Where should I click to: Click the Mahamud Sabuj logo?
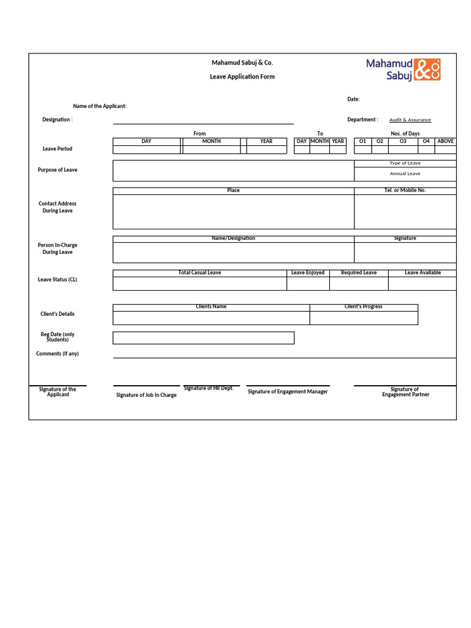403,69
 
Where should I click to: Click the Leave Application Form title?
242,77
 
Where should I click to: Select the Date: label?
353,99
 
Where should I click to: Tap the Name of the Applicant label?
100,106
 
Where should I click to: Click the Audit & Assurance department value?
410,120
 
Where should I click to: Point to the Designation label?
57,120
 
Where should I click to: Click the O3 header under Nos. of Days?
403,142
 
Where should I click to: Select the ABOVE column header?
445,142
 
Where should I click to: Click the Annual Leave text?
405,174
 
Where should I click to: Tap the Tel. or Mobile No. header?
405,191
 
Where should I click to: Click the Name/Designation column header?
233,239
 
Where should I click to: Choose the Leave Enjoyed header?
308,273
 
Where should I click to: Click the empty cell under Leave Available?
422,283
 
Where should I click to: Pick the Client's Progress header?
363,307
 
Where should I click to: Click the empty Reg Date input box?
203,338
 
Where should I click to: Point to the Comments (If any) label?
57,354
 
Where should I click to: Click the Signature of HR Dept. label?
209,389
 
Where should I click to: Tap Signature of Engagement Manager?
288,392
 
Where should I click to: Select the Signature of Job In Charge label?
146,396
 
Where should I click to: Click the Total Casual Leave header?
199,273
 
